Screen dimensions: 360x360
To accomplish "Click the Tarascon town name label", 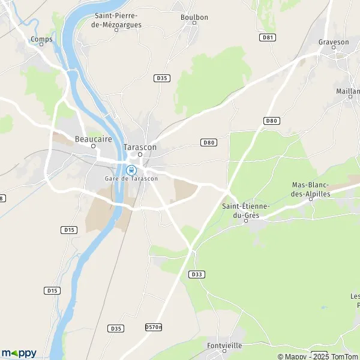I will [x=140, y=147].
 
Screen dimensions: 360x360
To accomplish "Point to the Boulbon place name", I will [x=194, y=17].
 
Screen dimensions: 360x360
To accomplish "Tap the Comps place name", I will [x=42, y=40].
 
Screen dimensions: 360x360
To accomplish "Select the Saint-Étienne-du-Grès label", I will [x=246, y=210].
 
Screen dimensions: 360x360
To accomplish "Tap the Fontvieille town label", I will [x=224, y=346].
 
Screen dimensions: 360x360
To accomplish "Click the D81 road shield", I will [x=268, y=37].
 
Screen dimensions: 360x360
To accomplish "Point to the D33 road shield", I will [x=196, y=274].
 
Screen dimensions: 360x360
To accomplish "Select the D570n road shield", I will [x=154, y=327].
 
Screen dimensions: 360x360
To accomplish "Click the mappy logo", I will [x=19, y=353].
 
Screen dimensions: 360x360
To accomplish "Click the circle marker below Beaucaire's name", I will [x=93, y=146].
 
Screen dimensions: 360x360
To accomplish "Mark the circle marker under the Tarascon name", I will [x=140, y=154].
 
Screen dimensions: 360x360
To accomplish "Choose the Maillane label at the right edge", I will [x=349, y=91].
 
